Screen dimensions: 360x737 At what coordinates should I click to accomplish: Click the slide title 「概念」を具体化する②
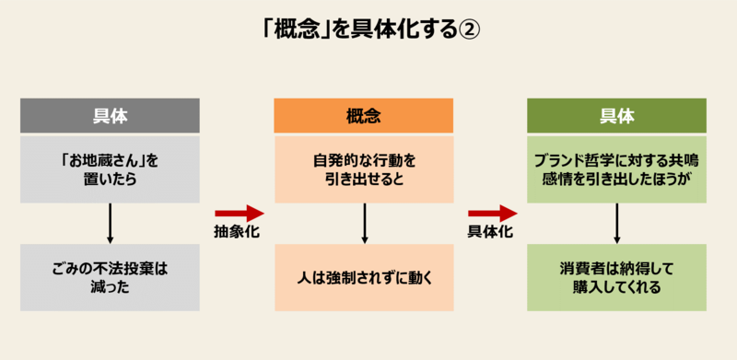coord(368,29)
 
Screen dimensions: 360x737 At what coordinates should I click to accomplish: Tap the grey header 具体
coord(110,116)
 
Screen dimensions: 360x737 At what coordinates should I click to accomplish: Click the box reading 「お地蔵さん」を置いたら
coord(110,169)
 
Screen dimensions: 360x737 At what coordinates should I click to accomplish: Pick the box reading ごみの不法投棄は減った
coord(110,277)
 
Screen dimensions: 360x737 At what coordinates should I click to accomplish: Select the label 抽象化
coord(236,232)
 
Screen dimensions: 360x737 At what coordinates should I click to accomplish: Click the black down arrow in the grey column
coord(110,224)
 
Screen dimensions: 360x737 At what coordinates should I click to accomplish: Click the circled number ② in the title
coord(468,30)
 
